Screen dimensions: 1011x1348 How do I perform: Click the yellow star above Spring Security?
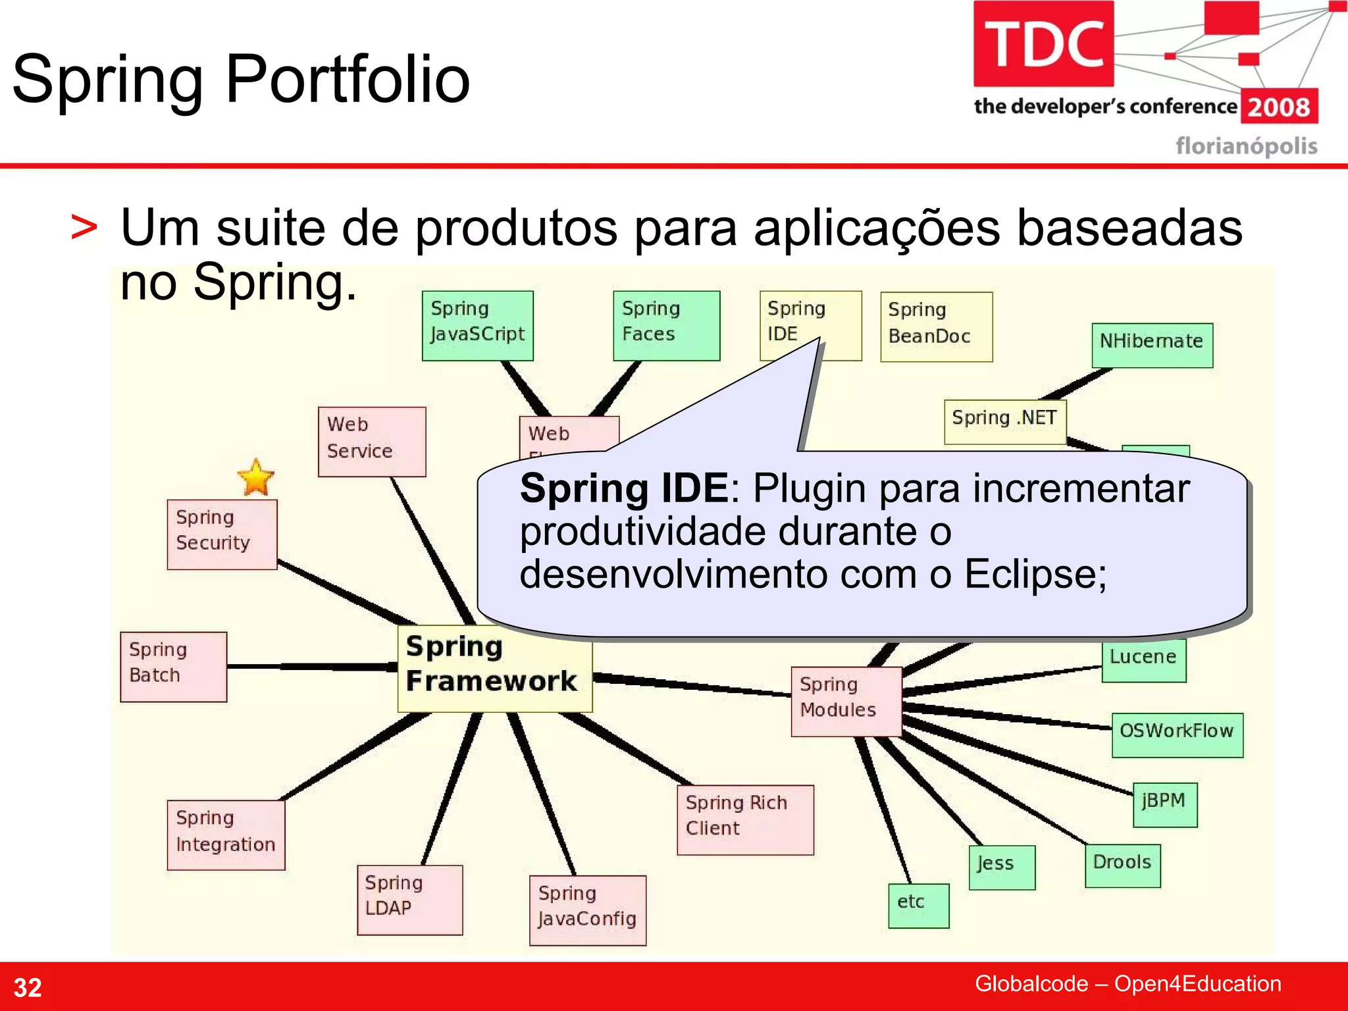pos(255,477)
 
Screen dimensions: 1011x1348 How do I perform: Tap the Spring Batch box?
pos(174,667)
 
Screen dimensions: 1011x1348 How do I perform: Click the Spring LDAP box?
pos(409,900)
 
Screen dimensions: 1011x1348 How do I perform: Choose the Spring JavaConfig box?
pos(587,910)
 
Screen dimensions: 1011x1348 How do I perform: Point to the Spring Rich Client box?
pos(745,819)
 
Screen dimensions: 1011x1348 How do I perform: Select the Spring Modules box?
pos(846,701)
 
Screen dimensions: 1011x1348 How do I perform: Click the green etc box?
pos(918,906)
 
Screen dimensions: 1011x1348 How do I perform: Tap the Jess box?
pos(1002,867)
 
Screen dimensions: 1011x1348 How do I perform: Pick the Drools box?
pos(1122,866)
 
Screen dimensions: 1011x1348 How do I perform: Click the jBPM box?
pos(1164,804)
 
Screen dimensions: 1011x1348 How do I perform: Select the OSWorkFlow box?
pos(1177,735)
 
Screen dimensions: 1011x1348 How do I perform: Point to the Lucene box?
pos(1144,660)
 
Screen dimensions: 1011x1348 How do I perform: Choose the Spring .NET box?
pos(1004,421)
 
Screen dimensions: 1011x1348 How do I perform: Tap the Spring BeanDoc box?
pos(936,326)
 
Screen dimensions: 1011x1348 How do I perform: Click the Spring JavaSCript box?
pos(477,325)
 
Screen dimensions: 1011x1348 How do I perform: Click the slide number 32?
pos(28,987)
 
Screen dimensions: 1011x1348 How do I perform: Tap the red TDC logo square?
pos(1043,43)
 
